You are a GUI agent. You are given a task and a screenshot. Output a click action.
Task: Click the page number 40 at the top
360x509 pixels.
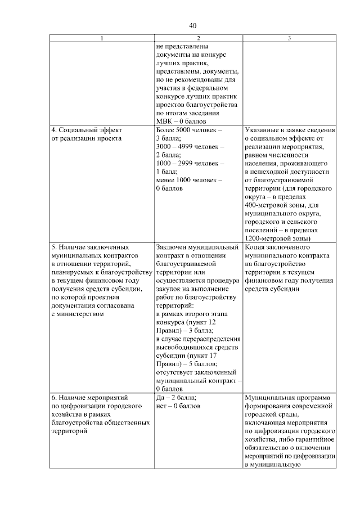pyautogui.click(x=193, y=26)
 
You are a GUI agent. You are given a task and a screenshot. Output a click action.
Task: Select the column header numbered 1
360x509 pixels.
pyautogui.click(x=102, y=38)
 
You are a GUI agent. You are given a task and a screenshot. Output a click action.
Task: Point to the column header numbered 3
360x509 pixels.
pyautogui.click(x=289, y=38)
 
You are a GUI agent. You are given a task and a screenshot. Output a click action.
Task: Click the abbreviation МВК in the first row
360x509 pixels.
pyautogui.click(x=164, y=121)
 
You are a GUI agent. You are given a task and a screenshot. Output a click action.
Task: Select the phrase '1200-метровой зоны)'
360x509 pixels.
pyautogui.click(x=278, y=238)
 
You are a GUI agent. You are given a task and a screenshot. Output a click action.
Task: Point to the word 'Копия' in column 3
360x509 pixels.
pyautogui.click(x=256, y=247)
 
